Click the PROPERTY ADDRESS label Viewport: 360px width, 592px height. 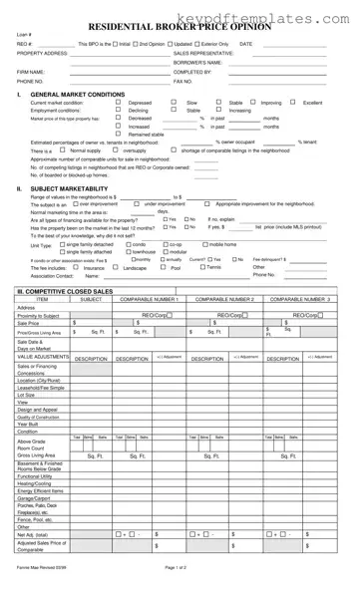(x=42, y=53)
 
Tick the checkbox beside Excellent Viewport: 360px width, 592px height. (x=294, y=102)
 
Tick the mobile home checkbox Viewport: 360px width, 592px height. (x=204, y=243)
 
